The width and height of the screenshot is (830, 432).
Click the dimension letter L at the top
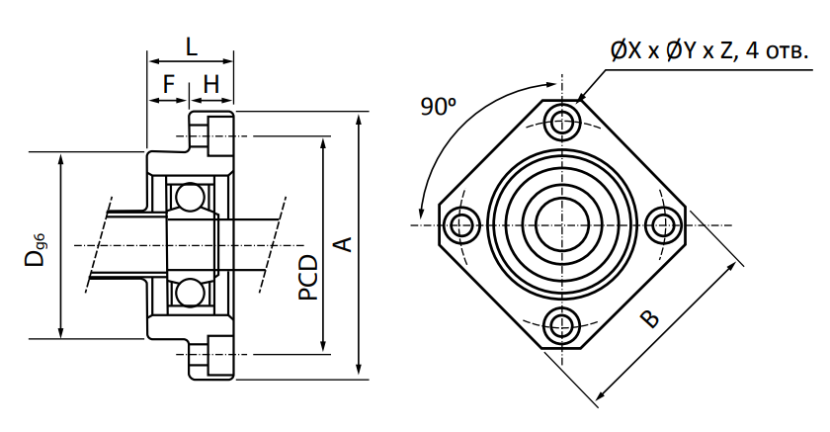(x=191, y=46)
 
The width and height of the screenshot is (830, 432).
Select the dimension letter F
(x=169, y=84)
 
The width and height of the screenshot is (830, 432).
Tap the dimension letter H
(x=211, y=84)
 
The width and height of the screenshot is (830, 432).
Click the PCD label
(x=308, y=278)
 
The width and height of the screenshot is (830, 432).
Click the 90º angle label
(x=439, y=107)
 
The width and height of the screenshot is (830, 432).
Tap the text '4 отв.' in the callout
(x=777, y=50)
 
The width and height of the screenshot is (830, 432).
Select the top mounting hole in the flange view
(x=561, y=123)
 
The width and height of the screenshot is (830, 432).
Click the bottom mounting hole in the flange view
(x=561, y=325)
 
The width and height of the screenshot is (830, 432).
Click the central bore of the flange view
(x=561, y=224)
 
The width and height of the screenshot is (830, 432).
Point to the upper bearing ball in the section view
(x=190, y=197)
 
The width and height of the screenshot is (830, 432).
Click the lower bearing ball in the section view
(x=190, y=293)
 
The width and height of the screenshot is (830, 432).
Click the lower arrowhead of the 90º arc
(x=421, y=212)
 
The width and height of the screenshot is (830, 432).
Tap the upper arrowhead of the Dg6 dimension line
(x=61, y=159)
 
